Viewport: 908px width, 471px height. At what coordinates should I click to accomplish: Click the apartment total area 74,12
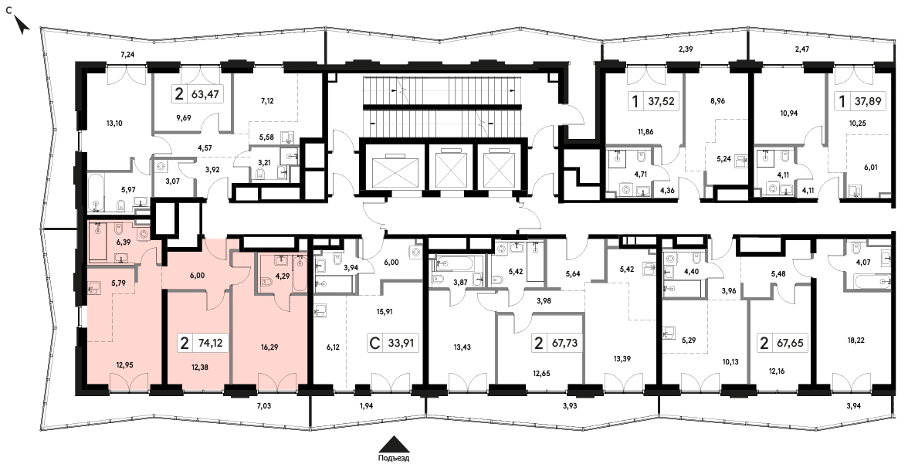[210, 343]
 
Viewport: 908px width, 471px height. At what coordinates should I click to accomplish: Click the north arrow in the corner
[22, 25]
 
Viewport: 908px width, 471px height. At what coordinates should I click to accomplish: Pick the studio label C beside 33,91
[374, 343]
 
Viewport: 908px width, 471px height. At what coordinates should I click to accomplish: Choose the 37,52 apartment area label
[661, 102]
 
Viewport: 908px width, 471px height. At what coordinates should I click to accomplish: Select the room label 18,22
[855, 341]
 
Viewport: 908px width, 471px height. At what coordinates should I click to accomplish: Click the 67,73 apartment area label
[564, 343]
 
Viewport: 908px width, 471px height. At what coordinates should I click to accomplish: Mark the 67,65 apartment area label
[790, 343]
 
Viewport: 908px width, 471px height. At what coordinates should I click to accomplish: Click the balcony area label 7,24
[127, 55]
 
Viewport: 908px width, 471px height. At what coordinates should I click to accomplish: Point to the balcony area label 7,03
[263, 406]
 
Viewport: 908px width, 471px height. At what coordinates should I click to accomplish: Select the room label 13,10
[113, 123]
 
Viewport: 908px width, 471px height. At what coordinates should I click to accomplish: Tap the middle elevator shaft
[450, 169]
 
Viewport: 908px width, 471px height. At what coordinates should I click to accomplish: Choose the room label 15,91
[385, 311]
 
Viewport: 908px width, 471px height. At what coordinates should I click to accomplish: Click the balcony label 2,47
[802, 49]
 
